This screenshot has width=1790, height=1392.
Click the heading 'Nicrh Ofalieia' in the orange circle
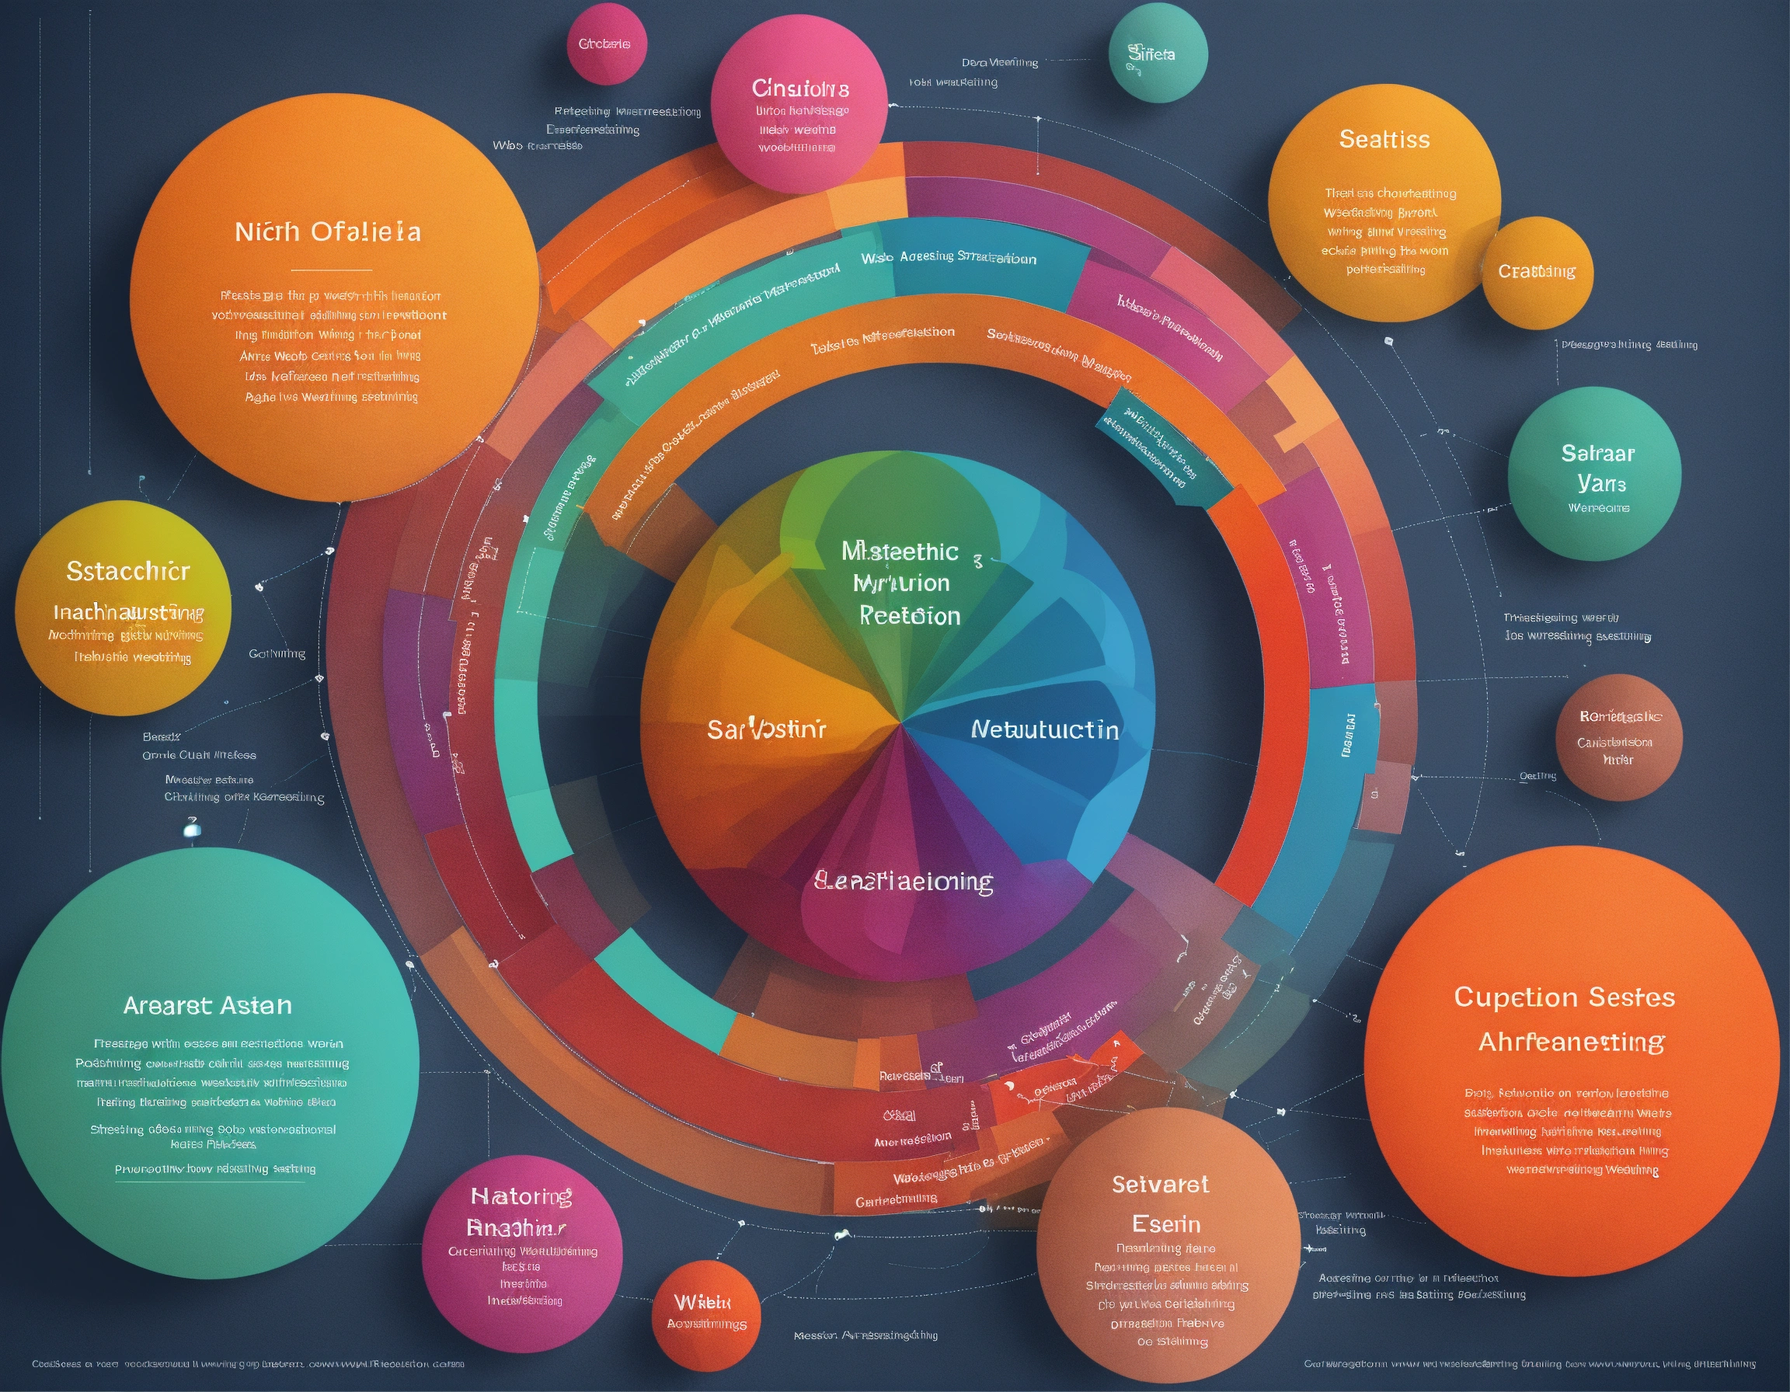[x=328, y=231]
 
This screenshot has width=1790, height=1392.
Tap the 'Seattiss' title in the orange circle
[x=1384, y=139]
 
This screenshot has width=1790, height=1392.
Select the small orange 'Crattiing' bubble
[x=1537, y=271]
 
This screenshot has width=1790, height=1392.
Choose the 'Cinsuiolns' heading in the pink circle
[x=800, y=88]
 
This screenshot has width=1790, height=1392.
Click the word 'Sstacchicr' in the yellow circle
[x=128, y=571]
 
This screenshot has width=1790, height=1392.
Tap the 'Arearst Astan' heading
[x=207, y=1005]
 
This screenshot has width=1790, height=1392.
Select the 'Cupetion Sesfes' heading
[x=1564, y=997]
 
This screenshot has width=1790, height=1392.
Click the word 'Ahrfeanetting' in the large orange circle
[x=1570, y=1042]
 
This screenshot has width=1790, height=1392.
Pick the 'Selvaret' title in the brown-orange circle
[x=1160, y=1184]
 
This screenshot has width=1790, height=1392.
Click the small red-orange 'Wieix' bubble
[x=703, y=1302]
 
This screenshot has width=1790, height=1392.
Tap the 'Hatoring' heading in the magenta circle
[x=521, y=1197]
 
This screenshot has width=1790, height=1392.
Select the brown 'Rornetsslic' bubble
[x=1620, y=717]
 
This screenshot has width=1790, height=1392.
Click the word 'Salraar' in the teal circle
[x=1597, y=453]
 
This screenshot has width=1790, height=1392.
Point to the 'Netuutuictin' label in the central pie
[x=1044, y=729]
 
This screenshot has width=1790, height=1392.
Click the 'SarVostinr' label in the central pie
[x=766, y=729]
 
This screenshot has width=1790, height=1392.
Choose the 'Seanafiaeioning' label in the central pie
[x=904, y=882]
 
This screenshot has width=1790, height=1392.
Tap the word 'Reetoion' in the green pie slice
[x=909, y=616]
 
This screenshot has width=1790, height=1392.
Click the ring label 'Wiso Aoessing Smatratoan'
[x=949, y=258]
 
